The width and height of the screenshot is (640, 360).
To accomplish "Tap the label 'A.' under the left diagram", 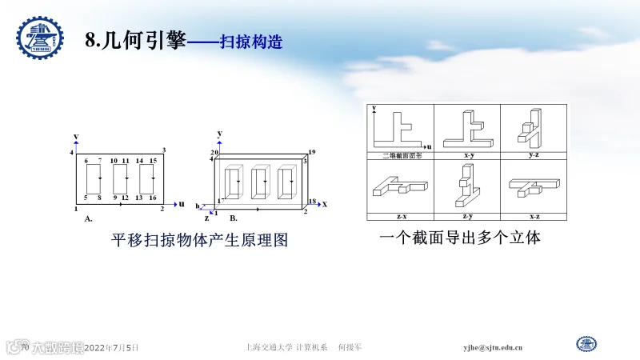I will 88,217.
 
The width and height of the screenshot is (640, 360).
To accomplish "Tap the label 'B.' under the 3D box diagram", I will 234,217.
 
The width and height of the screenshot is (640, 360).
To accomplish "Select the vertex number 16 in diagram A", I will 152,197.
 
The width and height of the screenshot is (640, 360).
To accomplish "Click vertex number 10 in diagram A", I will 114,161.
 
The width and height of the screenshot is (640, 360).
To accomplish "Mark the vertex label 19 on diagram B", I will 311,151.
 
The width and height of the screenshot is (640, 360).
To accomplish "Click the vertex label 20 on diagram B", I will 214,152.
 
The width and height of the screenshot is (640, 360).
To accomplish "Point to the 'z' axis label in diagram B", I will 206,218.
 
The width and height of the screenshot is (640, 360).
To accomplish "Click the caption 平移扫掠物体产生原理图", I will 199,240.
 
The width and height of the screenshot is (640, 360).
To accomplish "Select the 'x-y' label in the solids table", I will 467,154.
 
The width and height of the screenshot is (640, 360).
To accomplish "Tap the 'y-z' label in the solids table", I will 534,154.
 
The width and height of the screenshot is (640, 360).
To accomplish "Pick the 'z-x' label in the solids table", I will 400,216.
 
